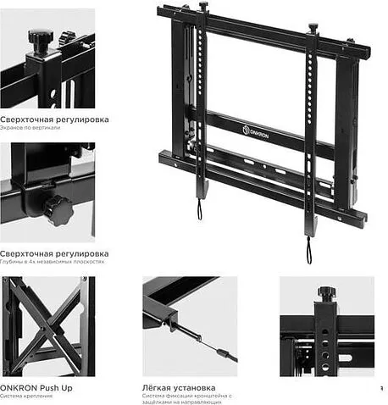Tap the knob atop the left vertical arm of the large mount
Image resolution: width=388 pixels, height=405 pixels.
(204, 7)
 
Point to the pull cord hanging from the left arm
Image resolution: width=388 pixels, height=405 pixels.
(200, 208)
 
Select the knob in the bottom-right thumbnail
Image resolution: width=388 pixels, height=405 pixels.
(327, 292)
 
